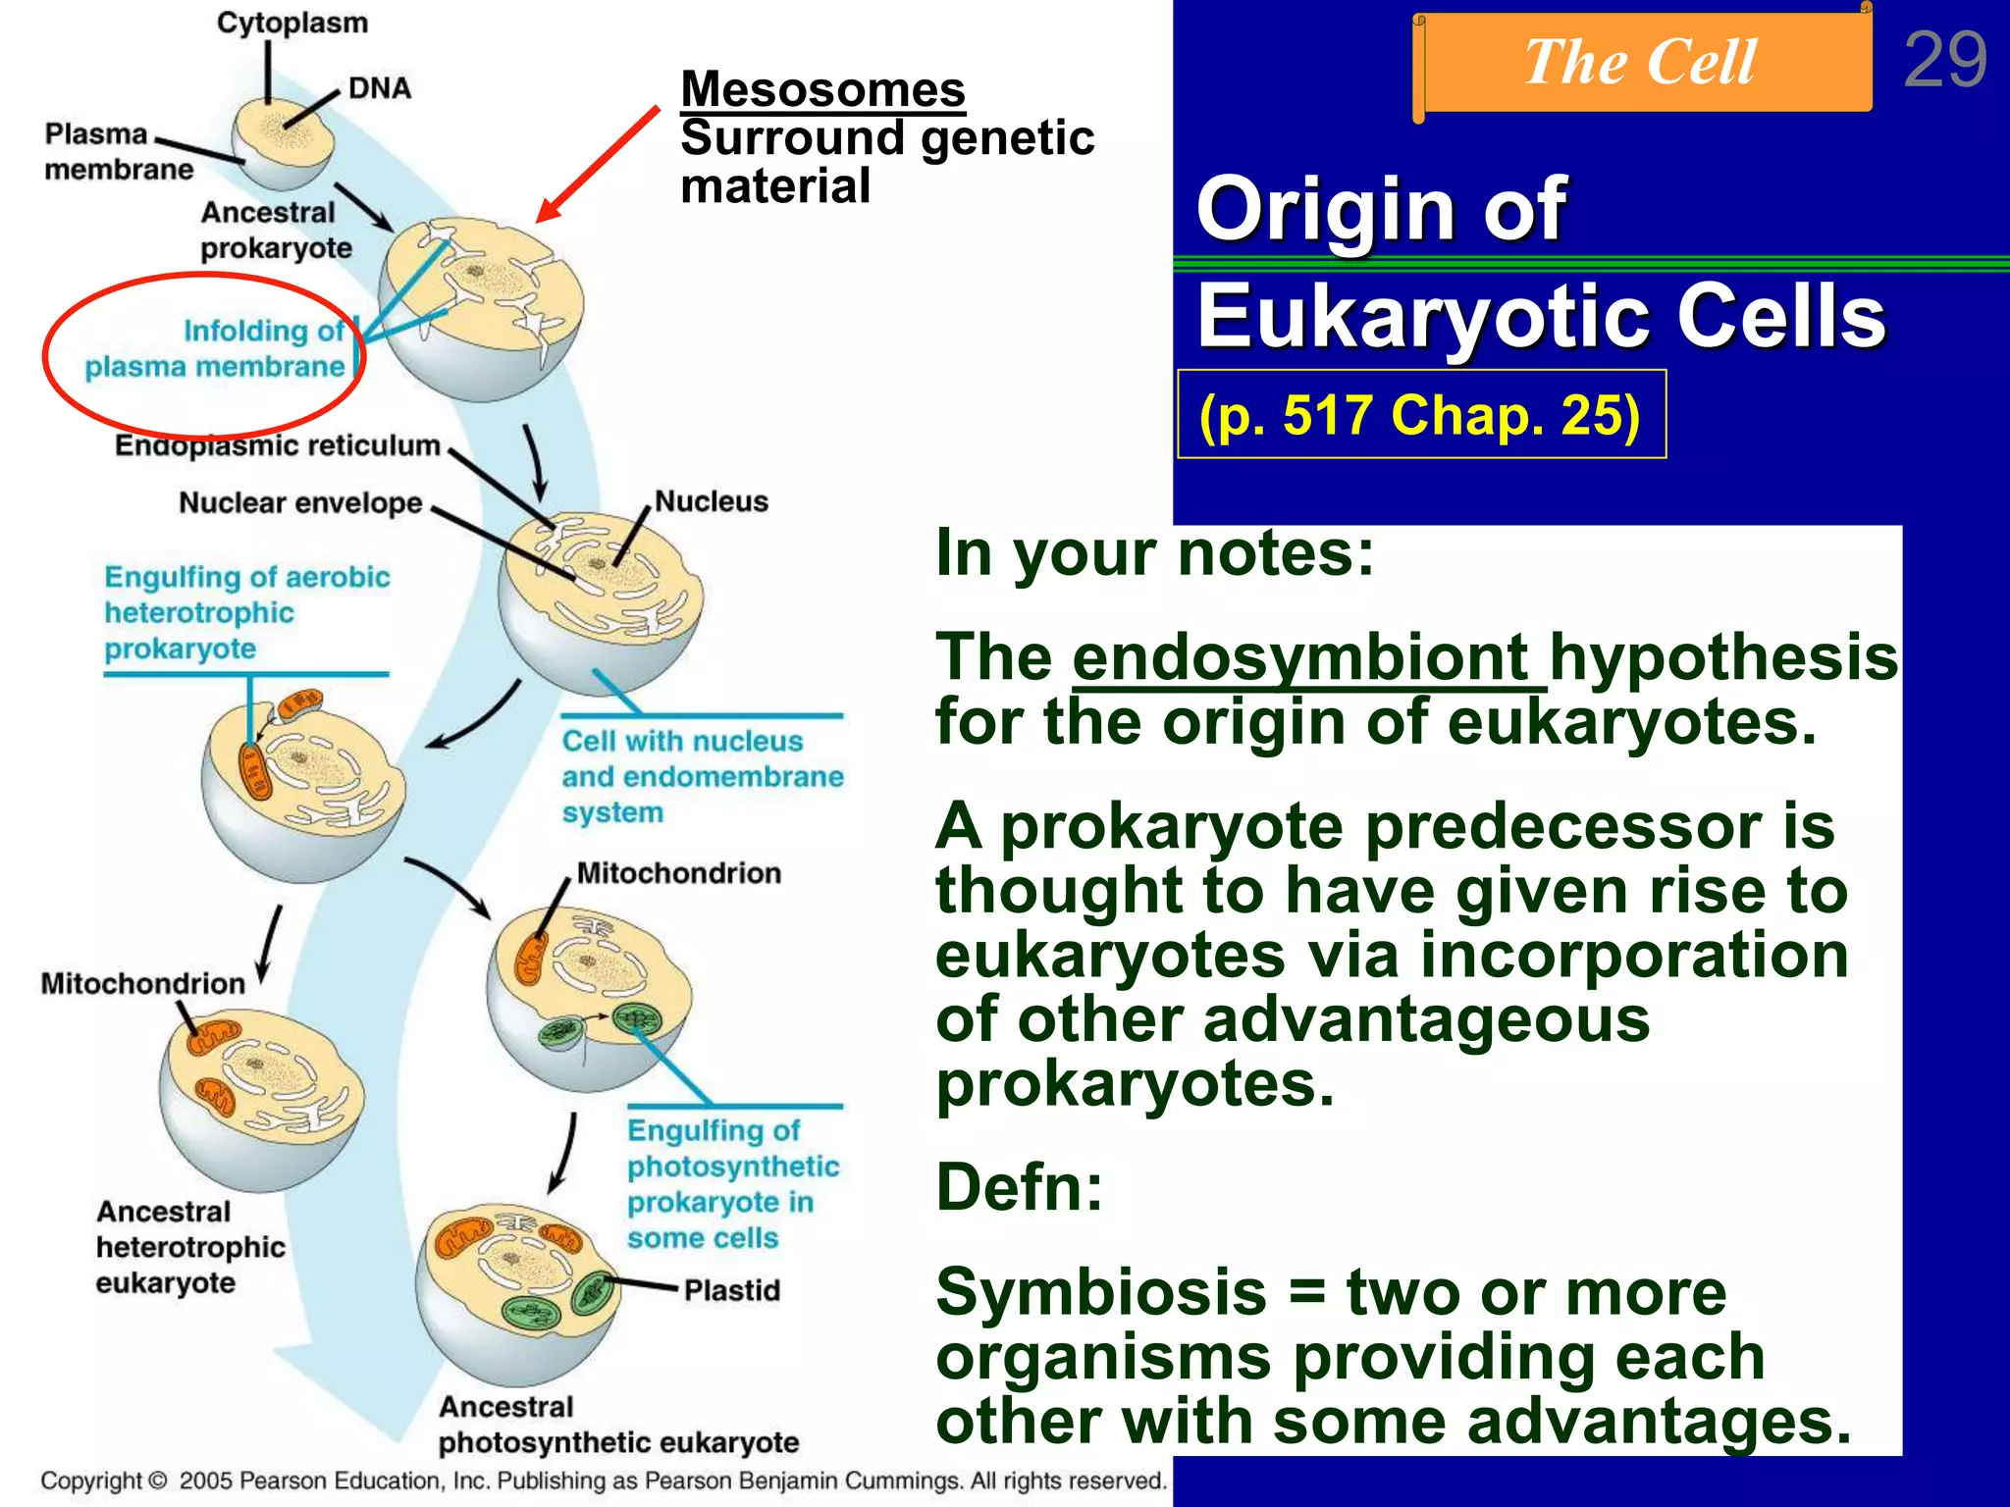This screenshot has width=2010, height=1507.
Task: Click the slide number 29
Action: click(1944, 61)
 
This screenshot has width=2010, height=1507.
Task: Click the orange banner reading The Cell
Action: click(1641, 63)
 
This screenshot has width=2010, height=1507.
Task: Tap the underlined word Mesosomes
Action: click(822, 89)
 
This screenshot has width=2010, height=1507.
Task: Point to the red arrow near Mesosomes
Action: click(598, 165)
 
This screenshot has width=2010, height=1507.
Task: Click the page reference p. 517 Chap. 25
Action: click(1419, 415)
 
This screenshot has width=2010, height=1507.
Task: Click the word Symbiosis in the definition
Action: click(1101, 1292)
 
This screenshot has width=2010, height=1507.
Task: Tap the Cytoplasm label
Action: click(291, 23)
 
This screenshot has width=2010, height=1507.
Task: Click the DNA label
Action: click(379, 88)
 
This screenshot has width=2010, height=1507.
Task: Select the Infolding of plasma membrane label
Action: click(216, 349)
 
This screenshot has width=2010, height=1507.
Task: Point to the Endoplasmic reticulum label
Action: click(277, 445)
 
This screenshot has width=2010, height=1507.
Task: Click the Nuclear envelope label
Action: click(300, 503)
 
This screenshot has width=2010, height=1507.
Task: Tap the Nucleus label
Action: click(711, 501)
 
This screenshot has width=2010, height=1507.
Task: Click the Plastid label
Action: click(731, 1290)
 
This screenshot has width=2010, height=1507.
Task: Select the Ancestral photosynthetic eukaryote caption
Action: click(617, 1425)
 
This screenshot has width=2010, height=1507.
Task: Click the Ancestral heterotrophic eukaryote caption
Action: click(190, 1247)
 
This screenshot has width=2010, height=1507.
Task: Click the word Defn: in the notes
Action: click(1019, 1188)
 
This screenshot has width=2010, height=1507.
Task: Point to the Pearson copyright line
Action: click(603, 1481)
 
